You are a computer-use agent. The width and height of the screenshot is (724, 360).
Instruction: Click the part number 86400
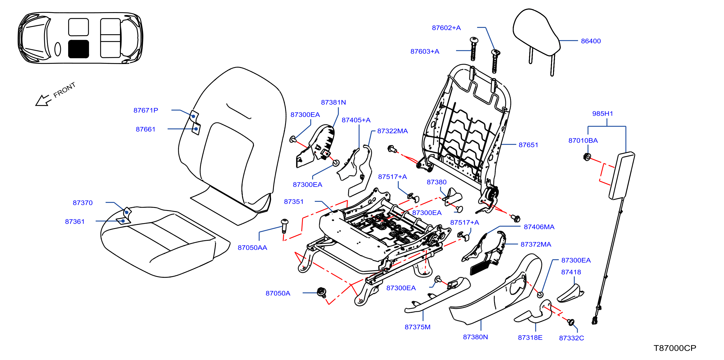coord(591,41)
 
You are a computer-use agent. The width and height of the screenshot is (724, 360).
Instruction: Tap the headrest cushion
coord(536,32)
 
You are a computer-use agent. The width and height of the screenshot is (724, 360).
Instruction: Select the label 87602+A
coord(446,28)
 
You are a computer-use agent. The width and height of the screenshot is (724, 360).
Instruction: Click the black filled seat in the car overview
coord(79,49)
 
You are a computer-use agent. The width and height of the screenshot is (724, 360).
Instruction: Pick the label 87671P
coord(146,110)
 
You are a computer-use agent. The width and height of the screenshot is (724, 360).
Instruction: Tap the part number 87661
coord(146,129)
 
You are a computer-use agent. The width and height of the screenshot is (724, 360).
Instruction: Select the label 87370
coord(83,203)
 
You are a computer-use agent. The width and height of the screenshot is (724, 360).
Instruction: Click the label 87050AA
coord(252,248)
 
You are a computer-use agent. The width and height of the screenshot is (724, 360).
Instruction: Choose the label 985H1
coord(602,114)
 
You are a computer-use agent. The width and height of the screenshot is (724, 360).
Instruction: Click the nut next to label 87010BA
coord(587,157)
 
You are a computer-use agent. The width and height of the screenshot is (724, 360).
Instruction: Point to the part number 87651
coord(528,145)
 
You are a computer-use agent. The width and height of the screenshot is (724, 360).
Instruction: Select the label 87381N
coord(333,102)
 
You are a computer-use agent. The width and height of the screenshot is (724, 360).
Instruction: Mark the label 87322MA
coord(392,131)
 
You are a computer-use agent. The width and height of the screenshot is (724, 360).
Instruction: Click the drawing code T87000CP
coord(675,348)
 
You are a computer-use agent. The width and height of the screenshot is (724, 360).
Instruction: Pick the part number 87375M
coord(417,327)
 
